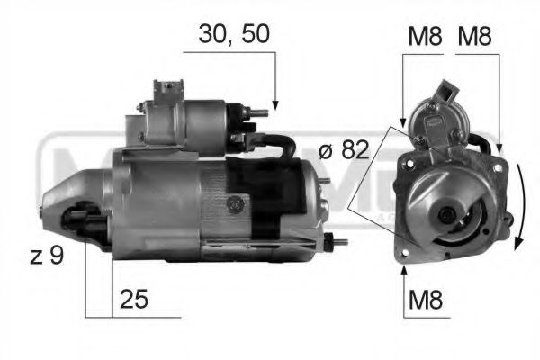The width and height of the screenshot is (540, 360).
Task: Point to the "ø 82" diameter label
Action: click(x=343, y=150)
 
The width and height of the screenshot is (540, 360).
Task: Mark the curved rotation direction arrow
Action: click(x=519, y=207)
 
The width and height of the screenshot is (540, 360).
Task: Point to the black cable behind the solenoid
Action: click(x=288, y=144)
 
